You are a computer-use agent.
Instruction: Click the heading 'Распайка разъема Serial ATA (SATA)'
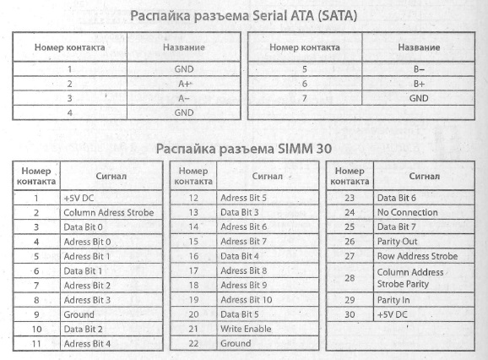(x=243, y=15)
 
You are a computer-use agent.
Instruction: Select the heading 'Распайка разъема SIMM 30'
(x=243, y=148)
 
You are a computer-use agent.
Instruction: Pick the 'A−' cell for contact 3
(x=184, y=97)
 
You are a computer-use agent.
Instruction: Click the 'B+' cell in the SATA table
(x=420, y=84)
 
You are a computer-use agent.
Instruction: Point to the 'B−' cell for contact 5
(x=420, y=69)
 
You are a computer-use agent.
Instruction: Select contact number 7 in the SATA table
(x=304, y=97)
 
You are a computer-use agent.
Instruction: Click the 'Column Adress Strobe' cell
(x=108, y=212)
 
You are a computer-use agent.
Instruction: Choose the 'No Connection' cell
(x=408, y=212)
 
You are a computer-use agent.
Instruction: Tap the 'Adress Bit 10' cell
(x=247, y=299)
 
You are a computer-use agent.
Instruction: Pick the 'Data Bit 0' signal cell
(x=84, y=226)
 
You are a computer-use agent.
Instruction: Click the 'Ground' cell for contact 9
(x=79, y=314)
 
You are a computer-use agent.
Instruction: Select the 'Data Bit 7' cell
(x=397, y=226)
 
